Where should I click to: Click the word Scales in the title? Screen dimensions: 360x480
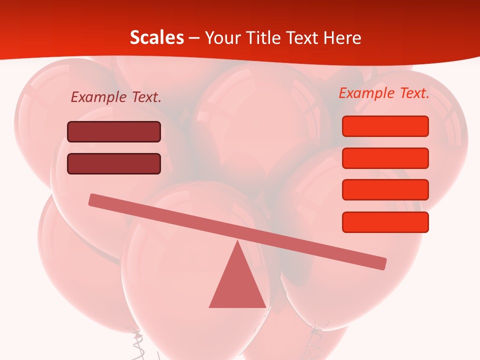pyautogui.click(x=156, y=37)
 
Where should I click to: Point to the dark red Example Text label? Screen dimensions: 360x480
pyautogui.click(x=116, y=97)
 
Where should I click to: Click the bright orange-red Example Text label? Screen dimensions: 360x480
pyautogui.click(x=384, y=93)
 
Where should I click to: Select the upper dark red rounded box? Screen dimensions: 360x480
pyautogui.click(x=114, y=132)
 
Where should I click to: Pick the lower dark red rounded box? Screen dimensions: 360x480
pyautogui.click(x=114, y=164)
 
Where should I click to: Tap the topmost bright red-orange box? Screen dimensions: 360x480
pyautogui.click(x=385, y=126)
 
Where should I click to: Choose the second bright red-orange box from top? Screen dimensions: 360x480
pyautogui.click(x=385, y=158)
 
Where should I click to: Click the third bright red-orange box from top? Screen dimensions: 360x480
pyautogui.click(x=385, y=190)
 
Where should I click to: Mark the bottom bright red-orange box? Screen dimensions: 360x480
pyautogui.click(x=385, y=222)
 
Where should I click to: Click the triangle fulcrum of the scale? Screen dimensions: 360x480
pyautogui.click(x=237, y=282)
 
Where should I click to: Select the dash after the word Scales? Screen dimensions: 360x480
pyautogui.click(x=194, y=38)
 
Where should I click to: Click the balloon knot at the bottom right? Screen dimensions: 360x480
pyautogui.click(x=315, y=330)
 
